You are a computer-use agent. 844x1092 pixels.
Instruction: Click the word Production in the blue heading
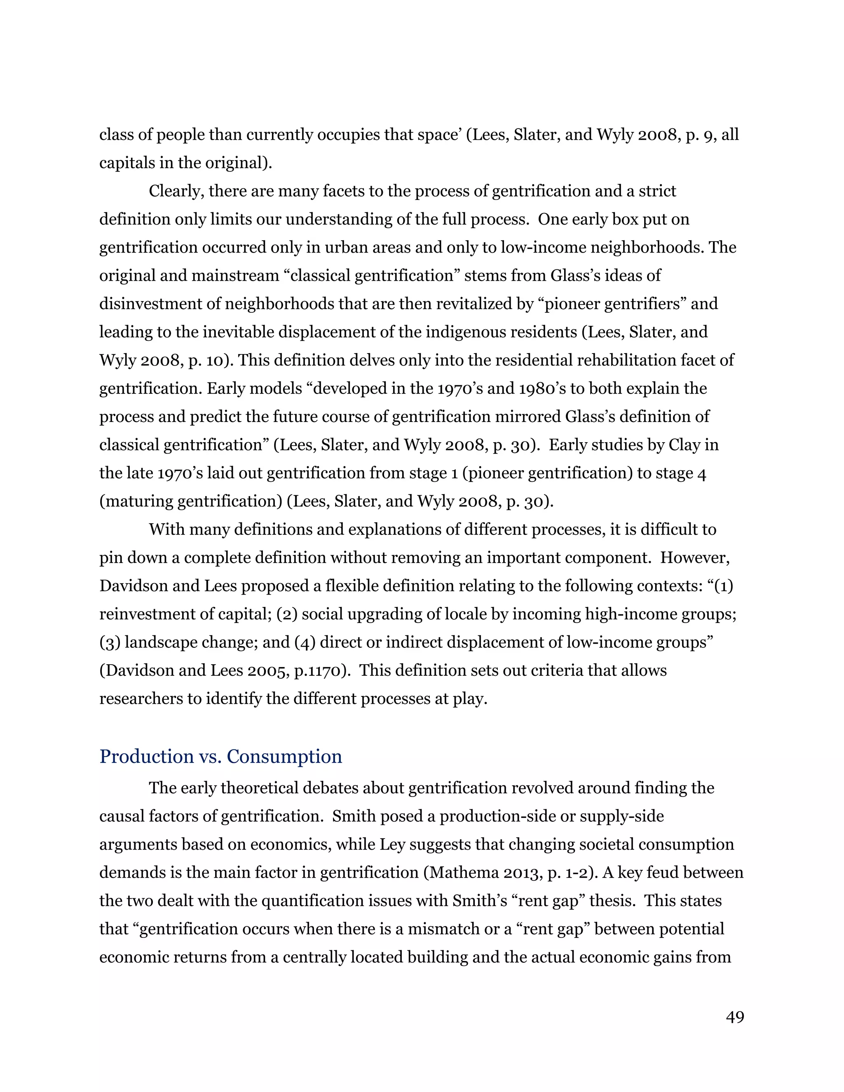(x=146, y=757)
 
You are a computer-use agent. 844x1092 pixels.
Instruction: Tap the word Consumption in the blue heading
(x=284, y=757)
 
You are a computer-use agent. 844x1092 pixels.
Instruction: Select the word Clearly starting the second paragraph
(x=176, y=192)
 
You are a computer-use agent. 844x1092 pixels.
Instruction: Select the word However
(x=694, y=558)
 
